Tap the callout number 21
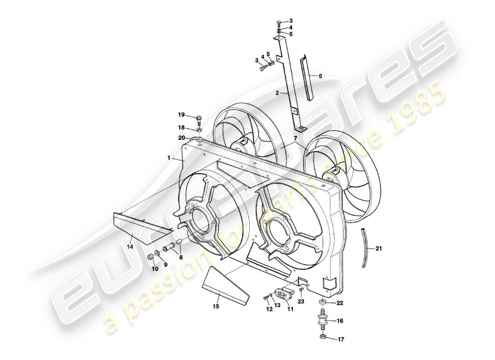[378, 248]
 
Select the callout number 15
[216, 306]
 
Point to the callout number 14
[130, 247]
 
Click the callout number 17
[341, 339]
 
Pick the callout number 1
[169, 158]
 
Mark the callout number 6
[320, 76]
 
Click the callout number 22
[340, 302]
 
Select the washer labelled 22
[323, 301]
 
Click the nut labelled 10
[151, 257]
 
